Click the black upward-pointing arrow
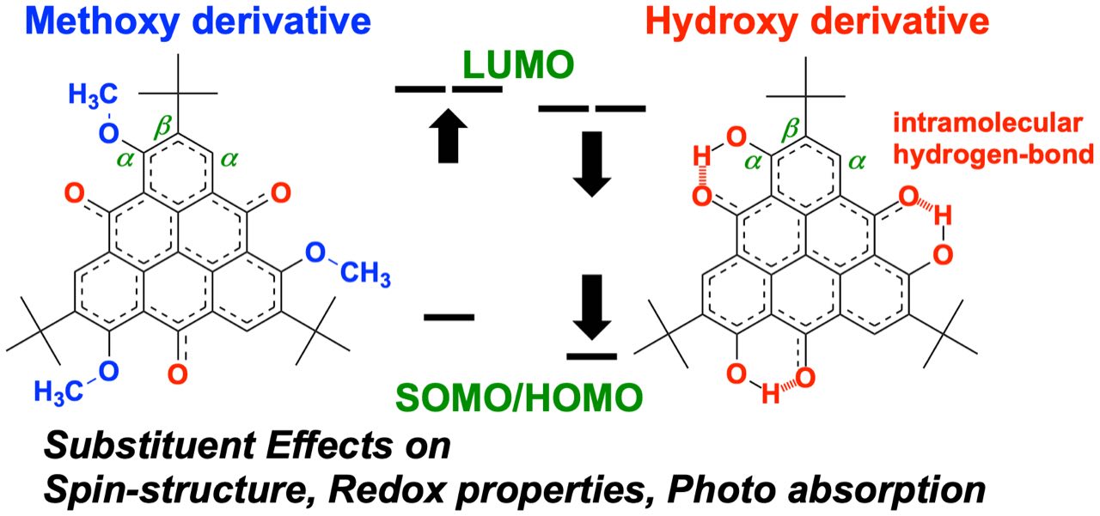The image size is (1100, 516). [451, 140]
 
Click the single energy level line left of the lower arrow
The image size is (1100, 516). [449, 316]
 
